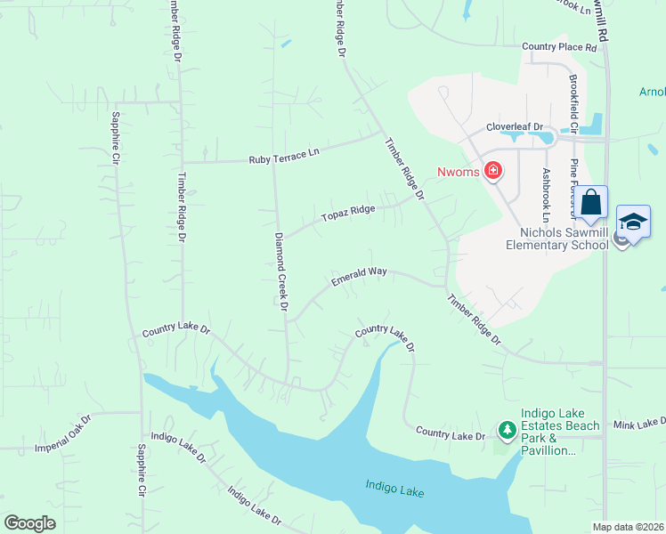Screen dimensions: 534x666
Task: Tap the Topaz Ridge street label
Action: (349, 214)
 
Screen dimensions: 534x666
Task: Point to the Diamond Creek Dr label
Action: (281, 271)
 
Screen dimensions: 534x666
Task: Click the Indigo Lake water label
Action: (394, 489)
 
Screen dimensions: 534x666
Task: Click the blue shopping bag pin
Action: (591, 204)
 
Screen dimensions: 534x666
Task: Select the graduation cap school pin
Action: (633, 222)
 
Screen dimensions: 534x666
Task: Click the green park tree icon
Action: (507, 432)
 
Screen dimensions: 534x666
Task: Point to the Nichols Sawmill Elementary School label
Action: (556, 238)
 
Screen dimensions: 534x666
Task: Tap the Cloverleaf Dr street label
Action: (514, 127)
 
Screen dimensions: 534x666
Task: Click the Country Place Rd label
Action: (558, 46)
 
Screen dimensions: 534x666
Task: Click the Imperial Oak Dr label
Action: (62, 433)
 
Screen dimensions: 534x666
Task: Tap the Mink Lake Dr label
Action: (638, 422)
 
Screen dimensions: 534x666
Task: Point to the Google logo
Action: (29, 523)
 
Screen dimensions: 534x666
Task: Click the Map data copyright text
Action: (629, 527)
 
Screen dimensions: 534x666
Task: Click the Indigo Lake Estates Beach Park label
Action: (548, 438)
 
